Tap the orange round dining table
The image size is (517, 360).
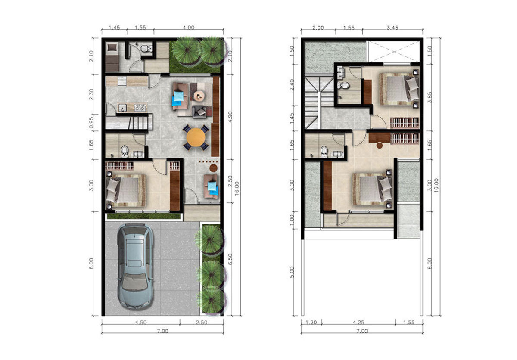click(196, 137)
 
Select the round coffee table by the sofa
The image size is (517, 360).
click(199, 96)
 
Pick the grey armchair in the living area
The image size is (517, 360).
click(199, 112)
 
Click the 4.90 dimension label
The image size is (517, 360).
click(230, 117)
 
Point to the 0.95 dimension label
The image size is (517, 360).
click(92, 122)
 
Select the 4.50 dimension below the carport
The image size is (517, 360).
click(140, 323)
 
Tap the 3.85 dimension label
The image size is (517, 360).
click(430, 98)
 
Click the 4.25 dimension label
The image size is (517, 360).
click(358, 323)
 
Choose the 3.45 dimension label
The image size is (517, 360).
click(392, 28)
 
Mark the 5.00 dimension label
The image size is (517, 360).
click(292, 272)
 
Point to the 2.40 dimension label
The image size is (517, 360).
click(292, 85)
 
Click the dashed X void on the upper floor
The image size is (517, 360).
click(394, 52)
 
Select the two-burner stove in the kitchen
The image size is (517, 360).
click(140, 108)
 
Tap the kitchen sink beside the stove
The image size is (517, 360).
click(122, 108)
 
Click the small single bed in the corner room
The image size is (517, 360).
click(112, 57)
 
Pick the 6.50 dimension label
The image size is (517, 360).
click(230, 259)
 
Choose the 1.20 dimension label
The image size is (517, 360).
click(311, 323)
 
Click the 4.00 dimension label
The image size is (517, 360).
click(189, 28)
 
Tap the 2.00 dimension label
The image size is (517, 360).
click(318, 28)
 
